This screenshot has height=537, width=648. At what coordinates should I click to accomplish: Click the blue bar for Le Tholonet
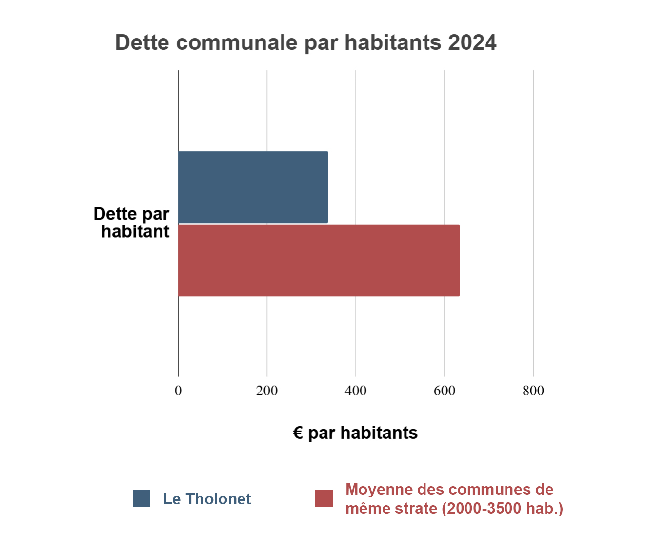[253, 187]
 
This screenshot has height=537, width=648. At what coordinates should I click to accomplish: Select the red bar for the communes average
[319, 260]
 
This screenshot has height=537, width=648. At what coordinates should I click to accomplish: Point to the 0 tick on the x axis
[178, 391]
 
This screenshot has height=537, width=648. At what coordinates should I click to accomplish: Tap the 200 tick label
[267, 391]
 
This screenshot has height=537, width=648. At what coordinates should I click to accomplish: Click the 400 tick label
[356, 391]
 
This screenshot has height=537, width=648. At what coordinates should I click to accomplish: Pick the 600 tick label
[445, 391]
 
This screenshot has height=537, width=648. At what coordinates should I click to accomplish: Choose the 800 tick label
[533, 391]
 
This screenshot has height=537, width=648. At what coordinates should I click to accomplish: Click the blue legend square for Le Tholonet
[142, 498]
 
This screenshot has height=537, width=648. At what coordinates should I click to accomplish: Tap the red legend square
[324, 498]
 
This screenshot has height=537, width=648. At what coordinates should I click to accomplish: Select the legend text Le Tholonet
[207, 499]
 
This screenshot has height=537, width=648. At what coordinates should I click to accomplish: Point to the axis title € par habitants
[355, 433]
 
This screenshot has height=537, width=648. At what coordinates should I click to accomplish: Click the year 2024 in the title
[472, 43]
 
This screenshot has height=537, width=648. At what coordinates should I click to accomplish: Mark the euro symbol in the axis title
[298, 433]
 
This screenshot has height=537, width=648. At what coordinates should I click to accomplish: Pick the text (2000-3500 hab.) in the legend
[503, 508]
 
